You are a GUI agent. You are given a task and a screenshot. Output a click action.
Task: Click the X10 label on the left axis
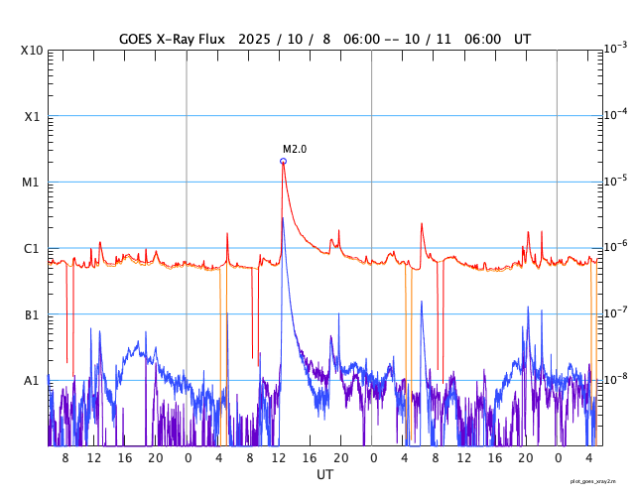[x=31, y=51]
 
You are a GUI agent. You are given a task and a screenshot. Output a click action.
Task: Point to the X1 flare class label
[x=32, y=117]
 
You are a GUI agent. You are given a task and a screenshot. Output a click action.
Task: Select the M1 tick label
[x=32, y=183]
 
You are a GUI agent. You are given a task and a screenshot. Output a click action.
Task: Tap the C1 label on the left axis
[x=32, y=249]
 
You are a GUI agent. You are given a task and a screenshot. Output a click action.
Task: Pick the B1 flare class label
[x=32, y=315]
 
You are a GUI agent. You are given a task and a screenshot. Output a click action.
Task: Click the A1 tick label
[x=32, y=381]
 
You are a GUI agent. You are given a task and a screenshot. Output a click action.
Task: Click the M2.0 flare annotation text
[x=295, y=149]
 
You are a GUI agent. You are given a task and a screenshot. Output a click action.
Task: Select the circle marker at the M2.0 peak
[x=283, y=161]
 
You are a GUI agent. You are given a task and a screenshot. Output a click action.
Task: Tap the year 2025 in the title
[x=257, y=39]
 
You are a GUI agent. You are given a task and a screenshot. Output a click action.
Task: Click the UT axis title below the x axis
[x=324, y=475]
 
